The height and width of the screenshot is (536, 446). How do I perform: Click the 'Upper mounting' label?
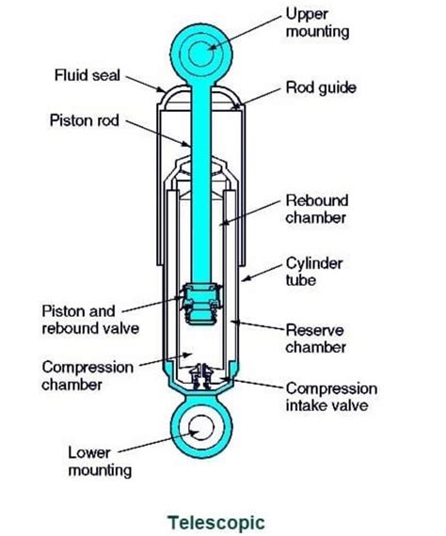(x=319, y=24)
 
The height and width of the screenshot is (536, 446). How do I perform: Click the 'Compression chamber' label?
(x=87, y=374)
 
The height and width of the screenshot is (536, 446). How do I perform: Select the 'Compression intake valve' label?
(x=330, y=397)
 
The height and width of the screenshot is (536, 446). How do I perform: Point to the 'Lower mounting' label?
(x=98, y=461)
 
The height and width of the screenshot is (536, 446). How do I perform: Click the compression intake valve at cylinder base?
(x=199, y=378)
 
